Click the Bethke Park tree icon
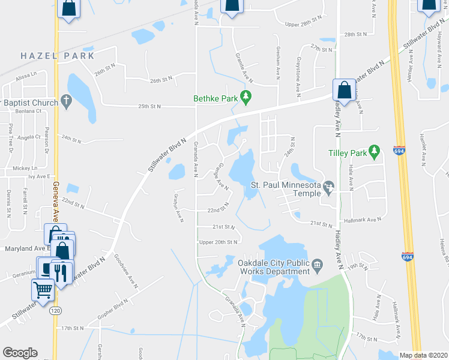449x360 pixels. [245, 96]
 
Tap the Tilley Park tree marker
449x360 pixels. [375, 150]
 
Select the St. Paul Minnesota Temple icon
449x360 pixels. [329, 188]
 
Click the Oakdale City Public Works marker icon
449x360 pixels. [318, 263]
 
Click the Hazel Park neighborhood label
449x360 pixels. [58, 56]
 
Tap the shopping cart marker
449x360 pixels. [43, 290]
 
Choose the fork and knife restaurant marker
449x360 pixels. [62, 272]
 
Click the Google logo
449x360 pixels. [20, 353]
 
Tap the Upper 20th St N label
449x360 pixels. [218, 241]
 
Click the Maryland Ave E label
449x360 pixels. [25, 248]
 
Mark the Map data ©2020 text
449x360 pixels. [423, 355]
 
